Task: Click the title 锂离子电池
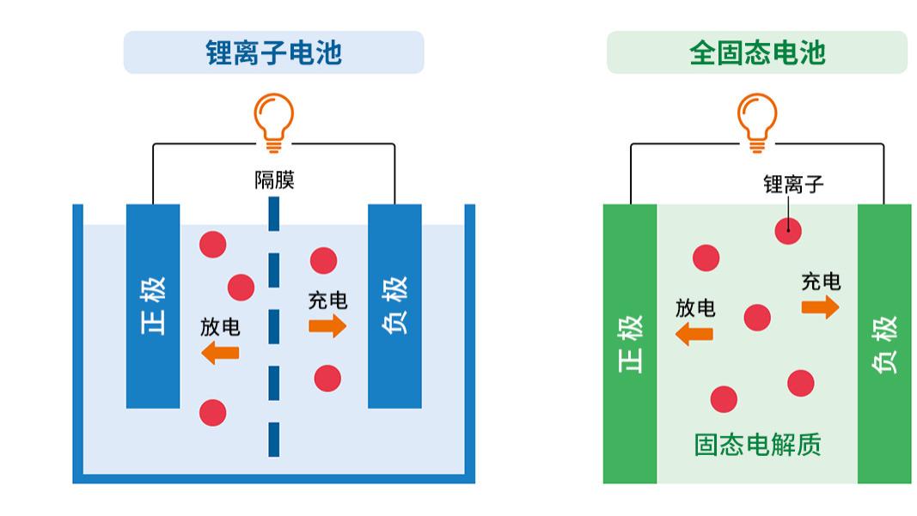pyautogui.click(x=273, y=52)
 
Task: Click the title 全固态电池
pyautogui.click(x=756, y=52)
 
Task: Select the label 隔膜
pyautogui.click(x=274, y=180)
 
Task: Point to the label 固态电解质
pyautogui.click(x=757, y=445)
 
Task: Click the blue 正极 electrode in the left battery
pyautogui.click(x=153, y=306)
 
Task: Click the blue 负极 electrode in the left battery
pyautogui.click(x=394, y=306)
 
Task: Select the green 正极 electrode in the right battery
pyautogui.click(x=630, y=343)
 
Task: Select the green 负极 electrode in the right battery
pyautogui.click(x=884, y=343)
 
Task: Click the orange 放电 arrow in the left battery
pyautogui.click(x=220, y=352)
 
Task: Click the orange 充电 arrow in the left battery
pyautogui.click(x=327, y=325)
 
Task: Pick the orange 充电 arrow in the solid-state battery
pyautogui.click(x=821, y=307)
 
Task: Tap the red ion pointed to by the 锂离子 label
pyautogui.click(x=788, y=230)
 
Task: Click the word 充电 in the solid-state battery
pyautogui.click(x=821, y=282)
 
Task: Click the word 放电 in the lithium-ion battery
pyautogui.click(x=220, y=327)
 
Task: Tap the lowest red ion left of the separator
pyautogui.click(x=212, y=413)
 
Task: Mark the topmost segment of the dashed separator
pyautogui.click(x=273, y=215)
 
